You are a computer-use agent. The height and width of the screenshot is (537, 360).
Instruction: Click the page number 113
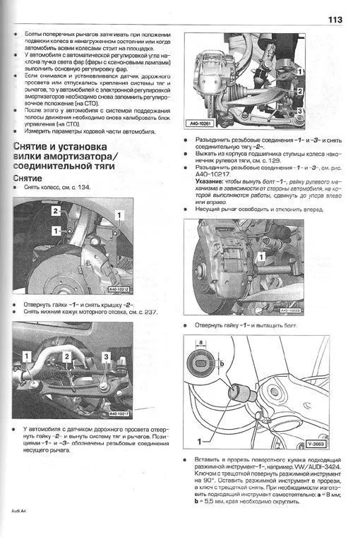pos(334,20)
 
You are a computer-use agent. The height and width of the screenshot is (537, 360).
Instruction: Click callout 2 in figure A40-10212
pos(53,211)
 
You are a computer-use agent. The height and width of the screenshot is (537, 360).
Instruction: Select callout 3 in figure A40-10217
pos(105,357)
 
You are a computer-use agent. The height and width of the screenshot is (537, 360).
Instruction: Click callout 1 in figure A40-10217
pos(26,357)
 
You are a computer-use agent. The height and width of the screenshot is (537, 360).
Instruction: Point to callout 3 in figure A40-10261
pos(300,111)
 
